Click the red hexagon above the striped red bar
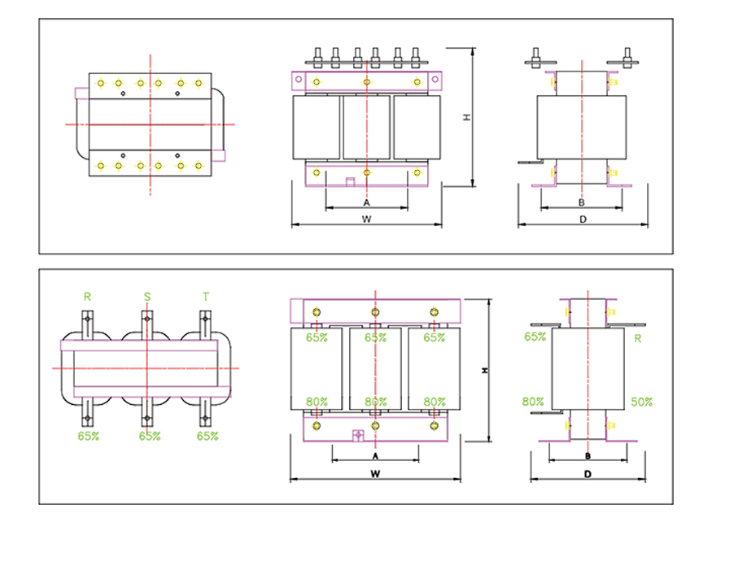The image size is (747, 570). point(151,54)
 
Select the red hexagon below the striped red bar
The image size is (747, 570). point(151,199)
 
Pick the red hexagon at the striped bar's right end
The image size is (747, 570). point(244,124)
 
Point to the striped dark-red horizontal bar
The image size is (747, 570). point(151,124)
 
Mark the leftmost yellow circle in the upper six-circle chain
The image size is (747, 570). point(101,83)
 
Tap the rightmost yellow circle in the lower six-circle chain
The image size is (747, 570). point(197,165)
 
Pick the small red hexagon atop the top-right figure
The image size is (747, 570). point(582,52)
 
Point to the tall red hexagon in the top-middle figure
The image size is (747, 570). point(367,128)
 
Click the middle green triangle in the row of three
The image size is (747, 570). point(147,292)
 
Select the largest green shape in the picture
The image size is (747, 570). point(155,448)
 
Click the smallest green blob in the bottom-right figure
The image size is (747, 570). point(643,345)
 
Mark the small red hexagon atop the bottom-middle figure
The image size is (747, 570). point(375,288)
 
